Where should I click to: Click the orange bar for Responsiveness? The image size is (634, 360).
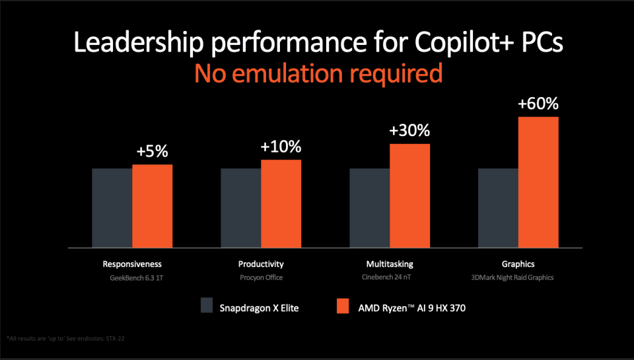[x=152, y=206]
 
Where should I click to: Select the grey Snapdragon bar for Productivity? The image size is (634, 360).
[x=240, y=208]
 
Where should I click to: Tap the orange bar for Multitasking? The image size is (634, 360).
[x=409, y=196]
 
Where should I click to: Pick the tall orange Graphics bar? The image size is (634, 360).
[x=538, y=182]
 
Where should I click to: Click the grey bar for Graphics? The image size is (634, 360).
[x=498, y=208]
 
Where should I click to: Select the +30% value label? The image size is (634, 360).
[x=409, y=131]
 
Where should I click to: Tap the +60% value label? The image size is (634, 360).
[x=538, y=104]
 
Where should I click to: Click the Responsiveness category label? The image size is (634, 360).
[x=132, y=264]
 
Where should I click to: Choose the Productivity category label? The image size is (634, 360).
[x=260, y=264]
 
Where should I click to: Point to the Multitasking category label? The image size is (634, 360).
[x=390, y=264]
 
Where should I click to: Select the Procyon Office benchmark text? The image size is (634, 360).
[x=260, y=277]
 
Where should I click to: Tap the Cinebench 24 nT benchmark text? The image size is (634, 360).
[x=390, y=277]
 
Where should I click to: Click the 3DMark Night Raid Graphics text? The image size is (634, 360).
[x=518, y=277]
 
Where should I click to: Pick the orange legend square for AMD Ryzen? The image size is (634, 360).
[x=343, y=306]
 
